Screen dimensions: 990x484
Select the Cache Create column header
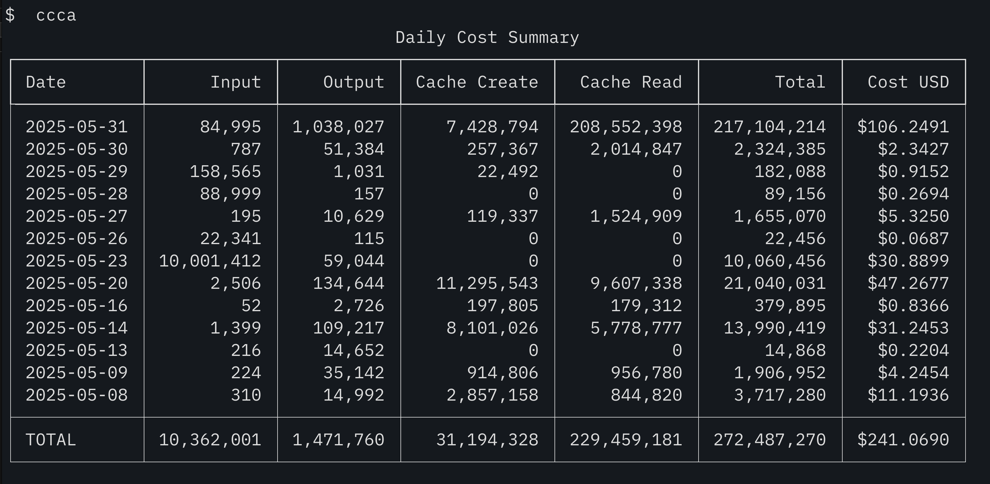tap(477, 82)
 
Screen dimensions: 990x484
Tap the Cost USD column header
tap(908, 82)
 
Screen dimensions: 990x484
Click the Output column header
tap(354, 82)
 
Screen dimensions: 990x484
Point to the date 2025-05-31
tap(76, 127)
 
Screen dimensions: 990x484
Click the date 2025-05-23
tap(76, 261)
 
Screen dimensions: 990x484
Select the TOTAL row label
tap(51, 440)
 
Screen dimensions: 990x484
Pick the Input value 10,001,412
tap(210, 261)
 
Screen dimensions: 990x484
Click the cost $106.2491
tap(903, 127)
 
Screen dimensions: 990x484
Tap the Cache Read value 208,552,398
tap(626, 127)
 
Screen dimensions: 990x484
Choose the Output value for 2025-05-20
tap(349, 283)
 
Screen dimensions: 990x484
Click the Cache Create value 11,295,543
tap(487, 283)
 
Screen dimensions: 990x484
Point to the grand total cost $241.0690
tap(903, 440)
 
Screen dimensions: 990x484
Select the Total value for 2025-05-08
tap(780, 395)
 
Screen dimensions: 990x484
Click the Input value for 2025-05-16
tap(251, 306)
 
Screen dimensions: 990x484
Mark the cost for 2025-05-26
tap(913, 239)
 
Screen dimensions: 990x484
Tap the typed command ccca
tap(56, 16)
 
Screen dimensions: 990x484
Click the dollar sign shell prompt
tap(10, 15)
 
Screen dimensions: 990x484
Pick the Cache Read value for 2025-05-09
tap(646, 373)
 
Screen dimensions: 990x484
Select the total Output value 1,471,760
tap(338, 440)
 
